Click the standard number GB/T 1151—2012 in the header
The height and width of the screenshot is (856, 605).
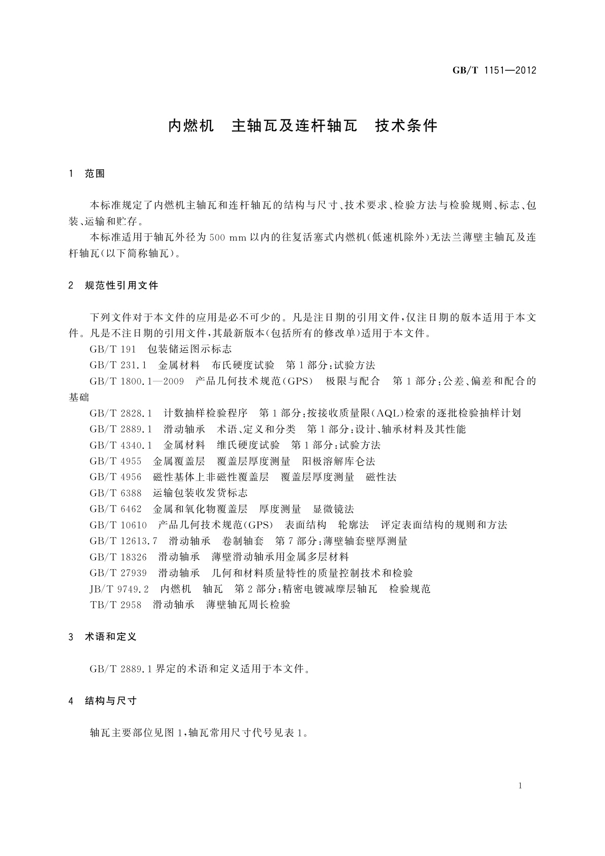[x=494, y=71]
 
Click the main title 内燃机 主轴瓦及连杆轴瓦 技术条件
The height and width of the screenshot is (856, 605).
[x=303, y=126]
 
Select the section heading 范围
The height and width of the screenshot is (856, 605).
[x=94, y=174]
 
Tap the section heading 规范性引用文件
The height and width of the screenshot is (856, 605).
[x=121, y=286]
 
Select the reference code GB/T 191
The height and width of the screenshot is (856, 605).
[x=113, y=349]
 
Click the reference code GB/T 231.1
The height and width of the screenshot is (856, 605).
[x=118, y=365]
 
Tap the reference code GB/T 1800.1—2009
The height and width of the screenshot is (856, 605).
[x=137, y=381]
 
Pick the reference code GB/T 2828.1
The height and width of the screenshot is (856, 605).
[x=121, y=413]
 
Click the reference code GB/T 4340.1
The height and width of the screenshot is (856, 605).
[x=121, y=445]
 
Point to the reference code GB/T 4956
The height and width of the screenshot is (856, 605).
[x=115, y=477]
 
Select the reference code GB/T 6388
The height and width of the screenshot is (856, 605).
[x=115, y=493]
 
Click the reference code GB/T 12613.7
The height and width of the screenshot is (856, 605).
[x=123, y=541]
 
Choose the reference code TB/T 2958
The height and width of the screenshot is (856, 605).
[x=115, y=605]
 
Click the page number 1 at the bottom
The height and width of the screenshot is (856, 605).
[x=521, y=786]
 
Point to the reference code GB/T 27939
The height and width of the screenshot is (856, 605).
[x=118, y=573]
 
